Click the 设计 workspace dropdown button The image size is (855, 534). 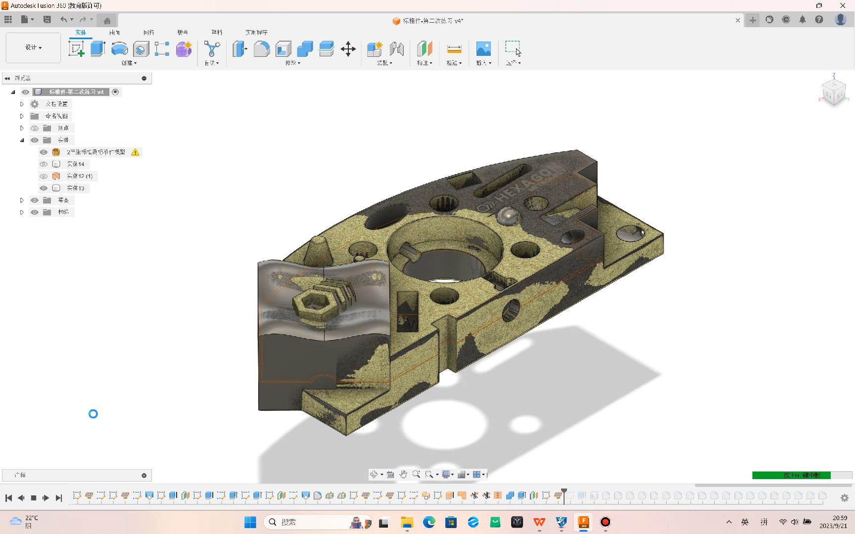coord(33,47)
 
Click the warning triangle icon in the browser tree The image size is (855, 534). coord(135,152)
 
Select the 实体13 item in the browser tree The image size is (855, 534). coord(76,188)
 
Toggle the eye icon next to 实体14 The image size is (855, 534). coord(44,164)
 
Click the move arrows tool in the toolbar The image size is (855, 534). coord(348,49)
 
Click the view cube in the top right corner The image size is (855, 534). coord(834,91)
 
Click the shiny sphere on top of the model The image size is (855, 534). coord(507,216)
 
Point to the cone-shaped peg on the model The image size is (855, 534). coord(319,250)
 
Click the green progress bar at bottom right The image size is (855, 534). coord(791,475)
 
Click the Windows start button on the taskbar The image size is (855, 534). coord(250,522)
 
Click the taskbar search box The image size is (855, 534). coord(307,522)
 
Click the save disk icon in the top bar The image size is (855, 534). coord(47,20)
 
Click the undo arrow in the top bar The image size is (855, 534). coord(63,20)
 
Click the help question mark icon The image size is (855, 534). coord(819,20)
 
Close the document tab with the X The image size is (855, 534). coord(738,20)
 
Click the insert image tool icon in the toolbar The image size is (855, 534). coord(483,48)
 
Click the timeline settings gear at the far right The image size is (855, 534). coord(845,498)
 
